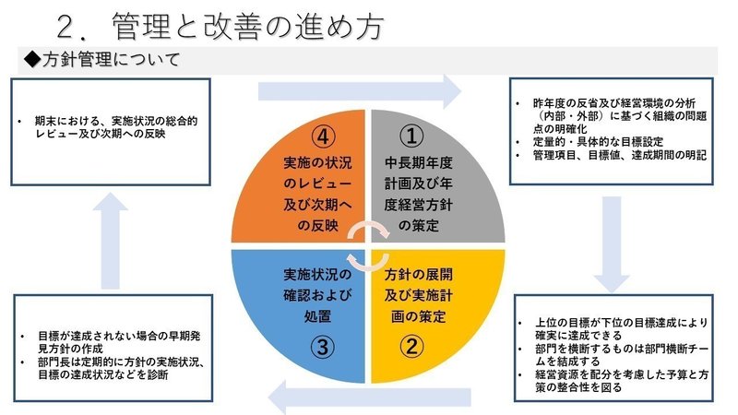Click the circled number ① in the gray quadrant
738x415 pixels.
(414, 136)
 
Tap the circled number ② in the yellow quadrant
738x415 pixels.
(414, 348)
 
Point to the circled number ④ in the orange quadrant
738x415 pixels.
(321, 136)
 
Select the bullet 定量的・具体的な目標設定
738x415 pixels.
(591, 143)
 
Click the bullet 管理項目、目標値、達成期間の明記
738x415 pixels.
(613, 156)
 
